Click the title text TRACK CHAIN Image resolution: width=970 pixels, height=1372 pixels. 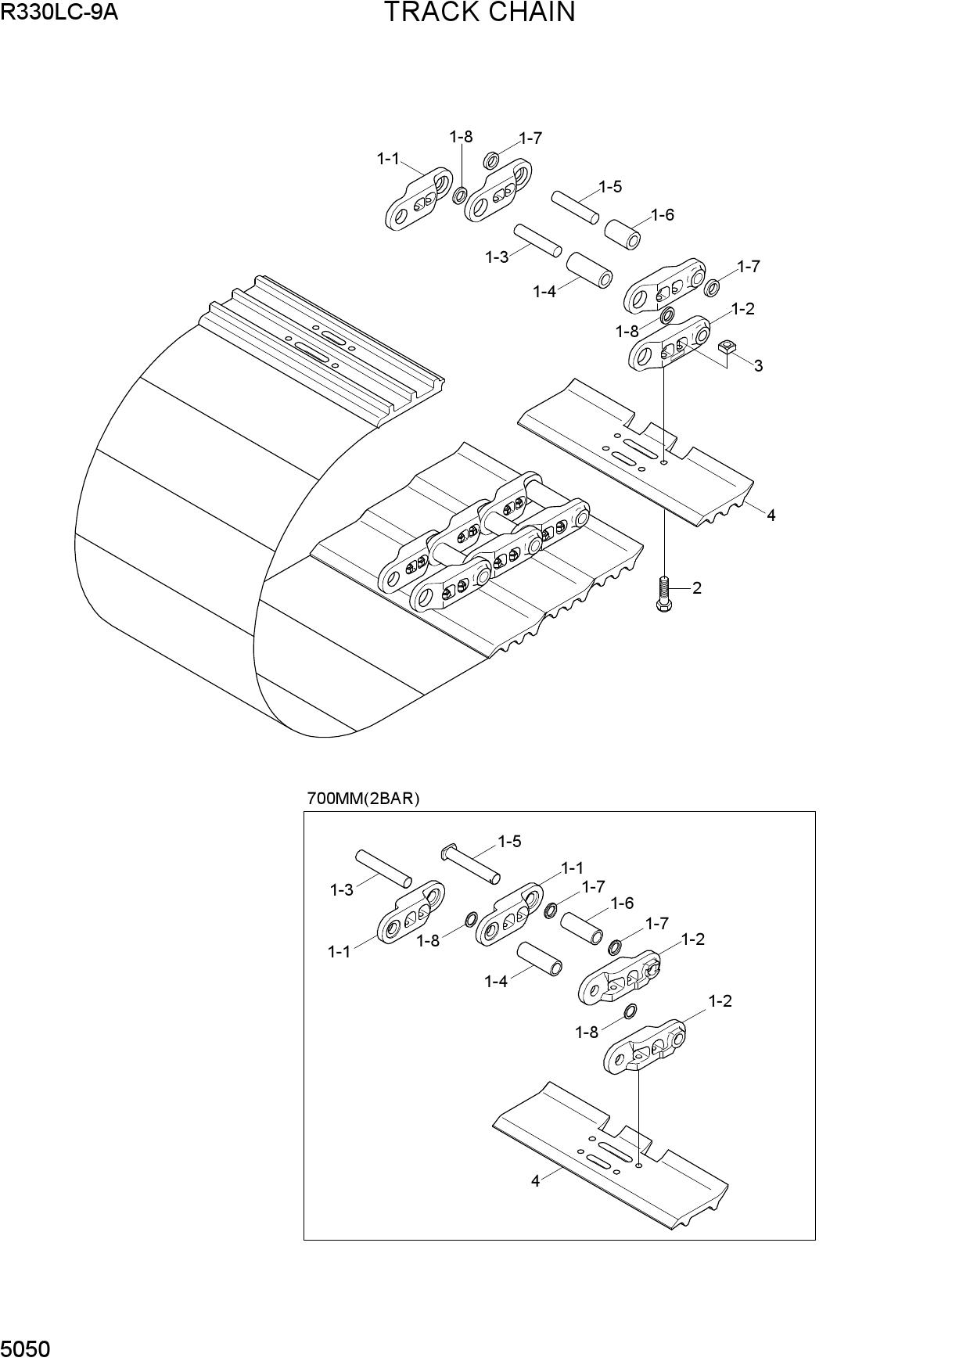480,13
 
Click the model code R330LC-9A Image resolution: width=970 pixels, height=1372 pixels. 59,12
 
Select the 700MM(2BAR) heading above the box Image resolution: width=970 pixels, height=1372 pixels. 364,799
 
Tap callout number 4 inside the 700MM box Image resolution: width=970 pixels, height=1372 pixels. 535,1181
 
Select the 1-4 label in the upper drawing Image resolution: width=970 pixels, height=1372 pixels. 544,292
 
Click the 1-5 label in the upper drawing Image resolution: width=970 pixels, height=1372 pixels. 610,186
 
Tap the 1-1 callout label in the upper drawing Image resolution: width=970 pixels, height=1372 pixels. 388,159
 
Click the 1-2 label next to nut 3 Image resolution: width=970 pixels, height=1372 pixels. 742,308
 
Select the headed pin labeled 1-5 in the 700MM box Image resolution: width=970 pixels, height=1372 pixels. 471,864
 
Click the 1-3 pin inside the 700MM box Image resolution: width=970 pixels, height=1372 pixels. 383,868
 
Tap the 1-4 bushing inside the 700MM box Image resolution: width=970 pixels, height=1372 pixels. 540,958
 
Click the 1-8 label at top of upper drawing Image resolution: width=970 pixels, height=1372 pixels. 461,137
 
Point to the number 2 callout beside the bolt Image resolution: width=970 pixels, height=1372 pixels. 697,587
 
